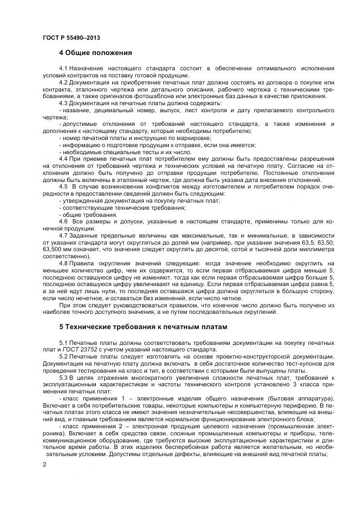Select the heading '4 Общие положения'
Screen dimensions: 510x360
(96, 53)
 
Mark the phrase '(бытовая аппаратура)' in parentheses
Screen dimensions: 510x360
(299, 398)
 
